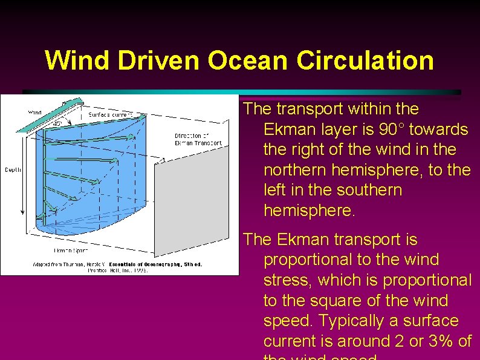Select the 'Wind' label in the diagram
[x=36, y=112]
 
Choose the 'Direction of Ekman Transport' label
[x=198, y=139]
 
